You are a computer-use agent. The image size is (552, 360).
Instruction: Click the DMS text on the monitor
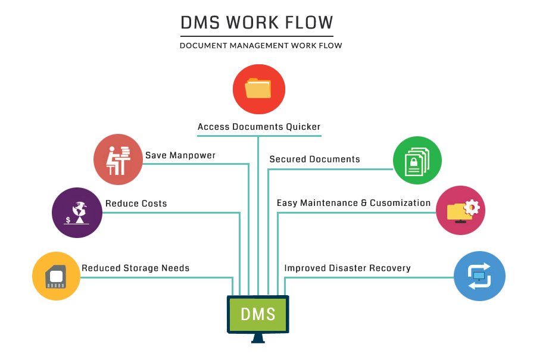pyautogui.click(x=258, y=314)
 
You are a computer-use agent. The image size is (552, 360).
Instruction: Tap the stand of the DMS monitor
pyautogui.click(x=258, y=338)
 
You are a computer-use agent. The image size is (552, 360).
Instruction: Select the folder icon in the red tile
pyautogui.click(x=258, y=89)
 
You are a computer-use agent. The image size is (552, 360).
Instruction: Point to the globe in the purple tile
pyautogui.click(x=79, y=209)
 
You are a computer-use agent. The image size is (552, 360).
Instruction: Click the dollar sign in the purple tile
pyautogui.click(x=68, y=220)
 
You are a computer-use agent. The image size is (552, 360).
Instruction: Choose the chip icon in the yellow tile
pyautogui.click(x=55, y=277)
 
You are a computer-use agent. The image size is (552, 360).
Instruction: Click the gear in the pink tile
pyautogui.click(x=472, y=207)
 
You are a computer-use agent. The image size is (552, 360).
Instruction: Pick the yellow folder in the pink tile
pyautogui.click(x=457, y=212)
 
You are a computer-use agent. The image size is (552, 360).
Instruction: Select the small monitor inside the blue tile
pyautogui.click(x=479, y=276)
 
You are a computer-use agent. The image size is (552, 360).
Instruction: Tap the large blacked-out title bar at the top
pyautogui.click(x=257, y=23)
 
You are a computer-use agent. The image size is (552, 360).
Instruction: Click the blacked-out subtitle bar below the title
pyautogui.click(x=261, y=45)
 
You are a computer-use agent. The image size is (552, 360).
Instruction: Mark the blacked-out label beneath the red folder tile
pyautogui.click(x=258, y=127)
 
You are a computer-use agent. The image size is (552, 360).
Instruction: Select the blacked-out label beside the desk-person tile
pyautogui.click(x=180, y=156)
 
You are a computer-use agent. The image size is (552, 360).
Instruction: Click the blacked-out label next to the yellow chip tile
pyautogui.click(x=136, y=268)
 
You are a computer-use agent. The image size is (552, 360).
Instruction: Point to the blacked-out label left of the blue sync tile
pyautogui.click(x=348, y=268)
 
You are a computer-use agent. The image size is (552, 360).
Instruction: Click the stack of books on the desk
pyautogui.click(x=124, y=152)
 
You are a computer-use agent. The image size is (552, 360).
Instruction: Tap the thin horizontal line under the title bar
pyautogui.click(x=257, y=36)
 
